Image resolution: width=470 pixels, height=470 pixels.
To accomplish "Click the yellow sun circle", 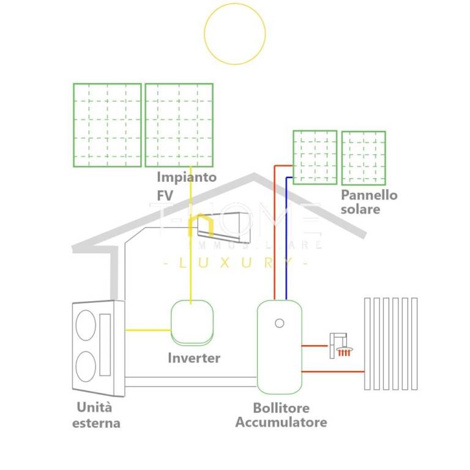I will [235, 34].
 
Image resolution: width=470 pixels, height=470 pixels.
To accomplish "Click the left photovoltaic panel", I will [107, 125].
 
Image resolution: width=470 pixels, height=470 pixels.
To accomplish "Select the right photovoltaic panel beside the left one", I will [179, 125].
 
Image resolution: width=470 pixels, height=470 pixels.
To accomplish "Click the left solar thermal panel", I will [315, 157].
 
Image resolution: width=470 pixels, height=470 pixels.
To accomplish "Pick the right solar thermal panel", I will [364, 158].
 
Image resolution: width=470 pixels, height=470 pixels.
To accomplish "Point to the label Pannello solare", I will [369, 202].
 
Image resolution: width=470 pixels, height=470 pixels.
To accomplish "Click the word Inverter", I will [194, 358].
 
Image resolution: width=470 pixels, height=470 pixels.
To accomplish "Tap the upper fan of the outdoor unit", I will [86, 325].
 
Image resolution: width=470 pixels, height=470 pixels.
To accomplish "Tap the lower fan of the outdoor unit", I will [86, 366].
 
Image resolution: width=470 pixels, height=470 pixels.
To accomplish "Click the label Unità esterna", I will [95, 415].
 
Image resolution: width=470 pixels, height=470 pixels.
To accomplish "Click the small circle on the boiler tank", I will [279, 323].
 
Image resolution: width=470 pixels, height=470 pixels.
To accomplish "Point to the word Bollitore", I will [281, 408].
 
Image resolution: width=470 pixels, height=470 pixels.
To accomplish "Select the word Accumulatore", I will [281, 422].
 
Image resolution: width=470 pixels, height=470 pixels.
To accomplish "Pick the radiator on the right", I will [391, 343].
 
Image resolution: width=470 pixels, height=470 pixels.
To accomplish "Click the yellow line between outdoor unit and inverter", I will [147, 330].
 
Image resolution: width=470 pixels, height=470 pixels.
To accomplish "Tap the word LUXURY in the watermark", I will [236, 263].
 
